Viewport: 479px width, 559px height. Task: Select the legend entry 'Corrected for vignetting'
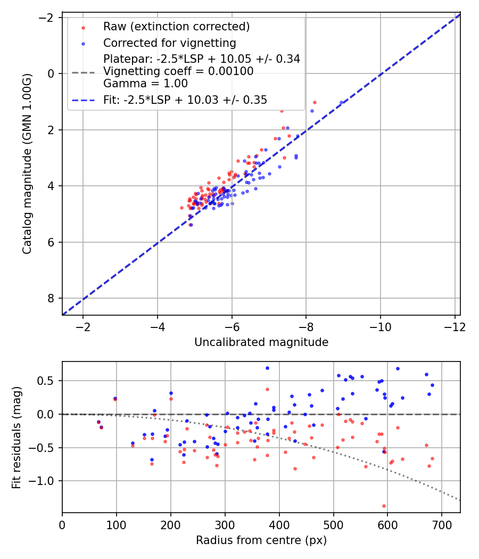(169, 43)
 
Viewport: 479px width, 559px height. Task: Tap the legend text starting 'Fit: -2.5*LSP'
(185, 100)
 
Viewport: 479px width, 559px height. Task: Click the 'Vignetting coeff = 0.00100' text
(178, 71)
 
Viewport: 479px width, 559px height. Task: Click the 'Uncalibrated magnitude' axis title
(261, 342)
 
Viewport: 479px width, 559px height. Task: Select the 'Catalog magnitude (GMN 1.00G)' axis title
(27, 163)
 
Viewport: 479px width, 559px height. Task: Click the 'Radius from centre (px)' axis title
(261, 540)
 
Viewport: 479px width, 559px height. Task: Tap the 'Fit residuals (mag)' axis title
(16, 437)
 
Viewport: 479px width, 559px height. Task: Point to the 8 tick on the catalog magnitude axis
(52, 299)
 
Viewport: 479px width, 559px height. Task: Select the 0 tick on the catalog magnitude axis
(52, 73)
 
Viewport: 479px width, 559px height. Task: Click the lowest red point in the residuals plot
(384, 506)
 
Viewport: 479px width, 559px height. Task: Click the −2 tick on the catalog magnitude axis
(48, 18)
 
